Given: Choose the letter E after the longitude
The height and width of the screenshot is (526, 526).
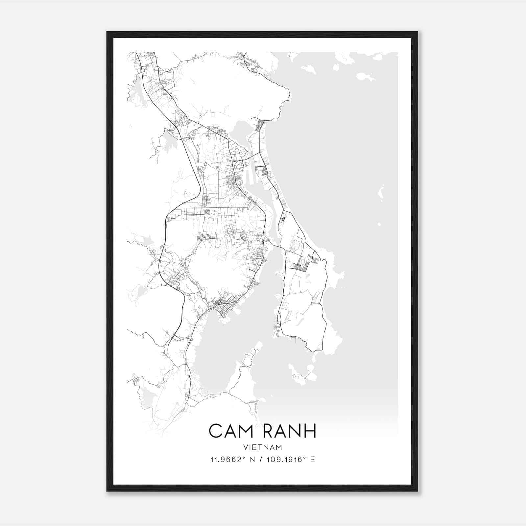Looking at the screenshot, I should pos(313,460).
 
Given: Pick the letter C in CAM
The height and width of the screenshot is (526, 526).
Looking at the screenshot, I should pos(215,431).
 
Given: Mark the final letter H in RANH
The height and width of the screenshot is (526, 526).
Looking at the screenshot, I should pos(310,431).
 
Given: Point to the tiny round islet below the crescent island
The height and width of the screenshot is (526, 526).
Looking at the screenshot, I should pos(379,225).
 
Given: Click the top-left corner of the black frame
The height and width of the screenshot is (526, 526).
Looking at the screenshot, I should pos(107,32).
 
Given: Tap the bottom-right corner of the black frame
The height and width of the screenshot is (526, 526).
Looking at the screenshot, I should pos(417,491).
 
